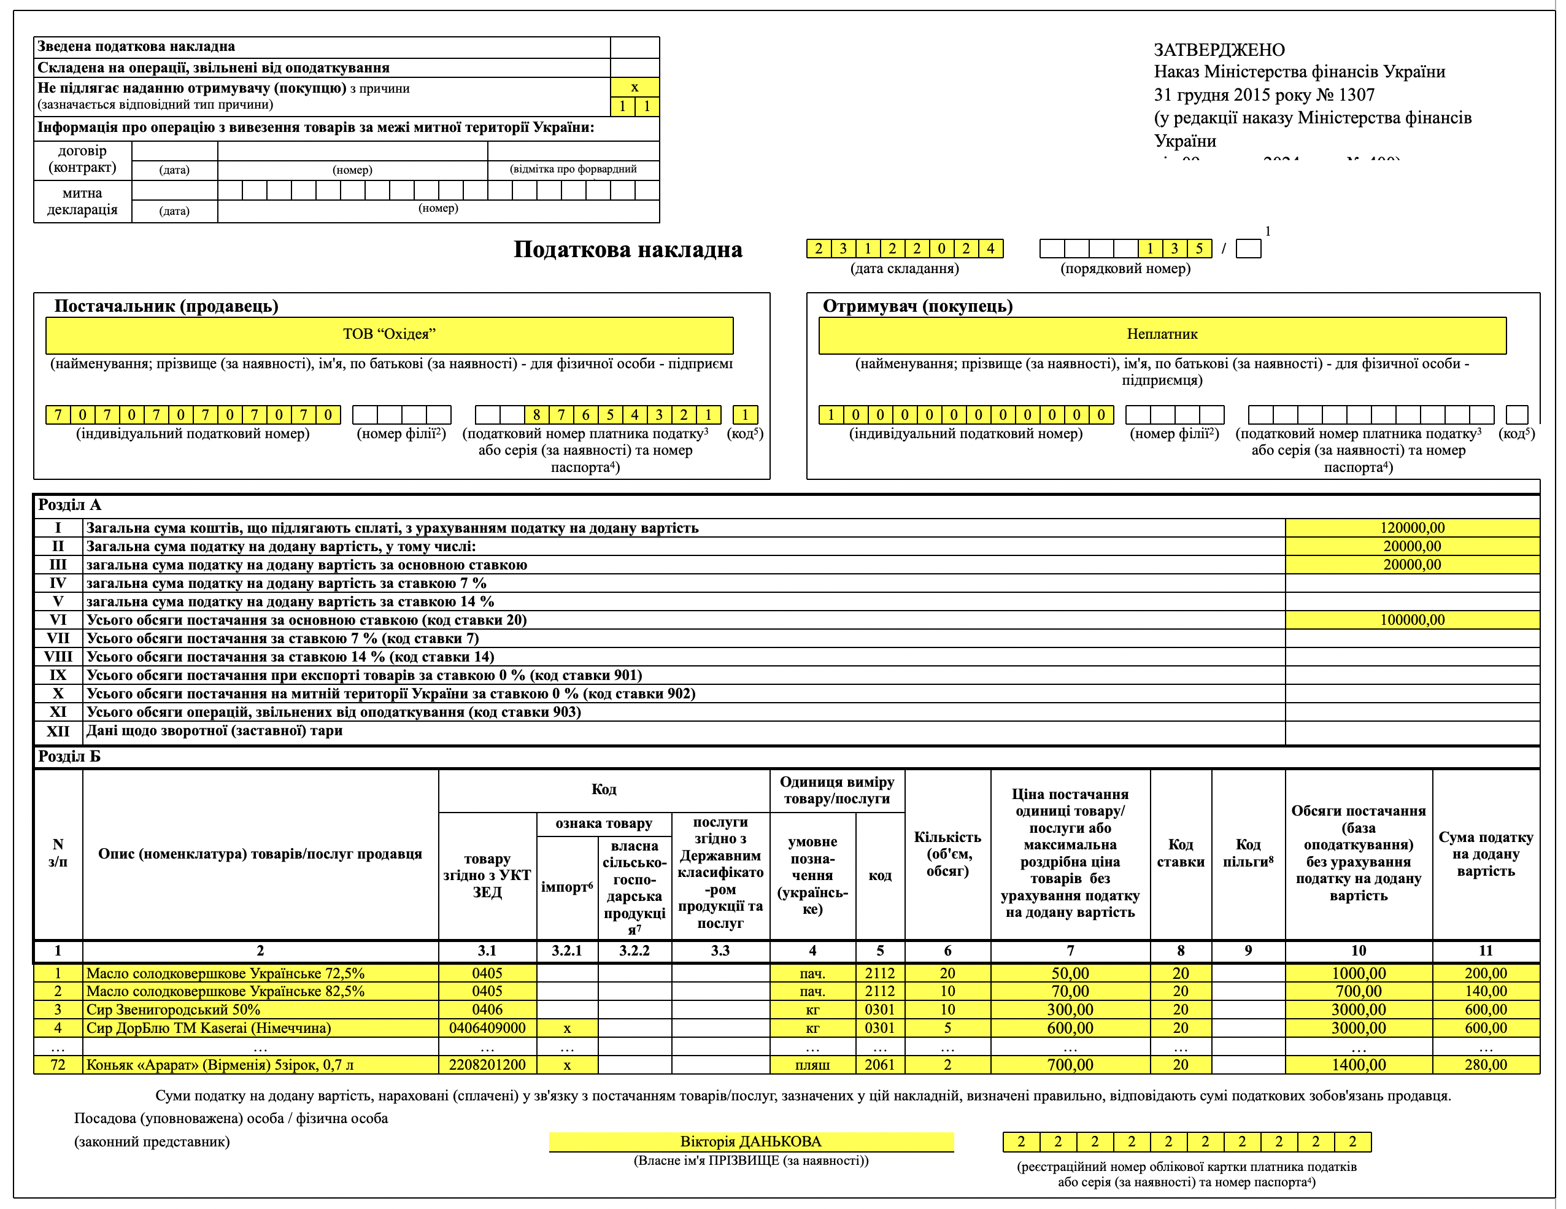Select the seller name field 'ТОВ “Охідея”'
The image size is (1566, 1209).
388,334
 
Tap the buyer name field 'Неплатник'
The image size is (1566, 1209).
1162,334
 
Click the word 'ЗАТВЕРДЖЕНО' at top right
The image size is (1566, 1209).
1219,50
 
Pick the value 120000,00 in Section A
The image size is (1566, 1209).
1412,528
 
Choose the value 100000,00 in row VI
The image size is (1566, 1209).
1412,620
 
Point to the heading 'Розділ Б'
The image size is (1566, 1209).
69,757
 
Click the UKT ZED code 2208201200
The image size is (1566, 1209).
487,1065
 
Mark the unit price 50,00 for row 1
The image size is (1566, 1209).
1070,974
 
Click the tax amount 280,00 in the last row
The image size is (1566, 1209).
1485,1065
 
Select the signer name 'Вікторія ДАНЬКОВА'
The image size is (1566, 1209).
750,1141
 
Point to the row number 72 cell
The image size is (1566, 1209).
58,1065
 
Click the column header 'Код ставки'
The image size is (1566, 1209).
1180,853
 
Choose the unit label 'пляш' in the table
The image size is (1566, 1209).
812,1065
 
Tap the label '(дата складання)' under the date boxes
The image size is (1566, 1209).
904,269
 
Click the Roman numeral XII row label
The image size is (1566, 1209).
58,731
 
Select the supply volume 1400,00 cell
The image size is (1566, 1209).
1358,1065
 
